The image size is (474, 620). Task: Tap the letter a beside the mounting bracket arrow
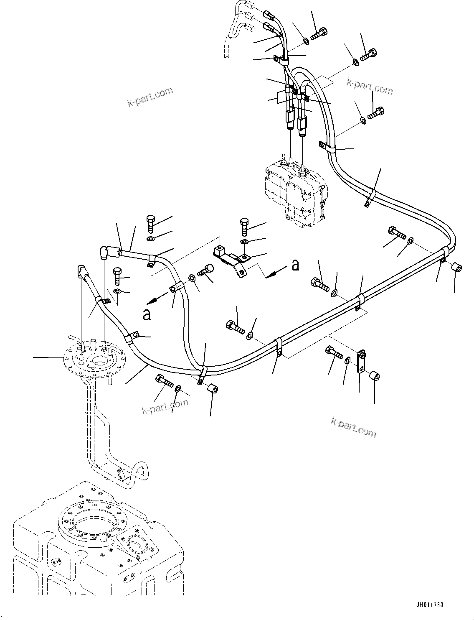(x=296, y=265)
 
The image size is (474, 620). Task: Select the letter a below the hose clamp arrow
(x=147, y=314)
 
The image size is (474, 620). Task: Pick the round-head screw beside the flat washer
(x=205, y=270)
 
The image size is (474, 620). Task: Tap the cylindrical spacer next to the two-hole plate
(x=375, y=377)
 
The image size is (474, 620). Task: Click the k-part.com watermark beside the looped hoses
(x=370, y=87)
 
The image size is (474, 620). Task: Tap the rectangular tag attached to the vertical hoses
(x=282, y=97)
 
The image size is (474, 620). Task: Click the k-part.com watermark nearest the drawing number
(x=353, y=427)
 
